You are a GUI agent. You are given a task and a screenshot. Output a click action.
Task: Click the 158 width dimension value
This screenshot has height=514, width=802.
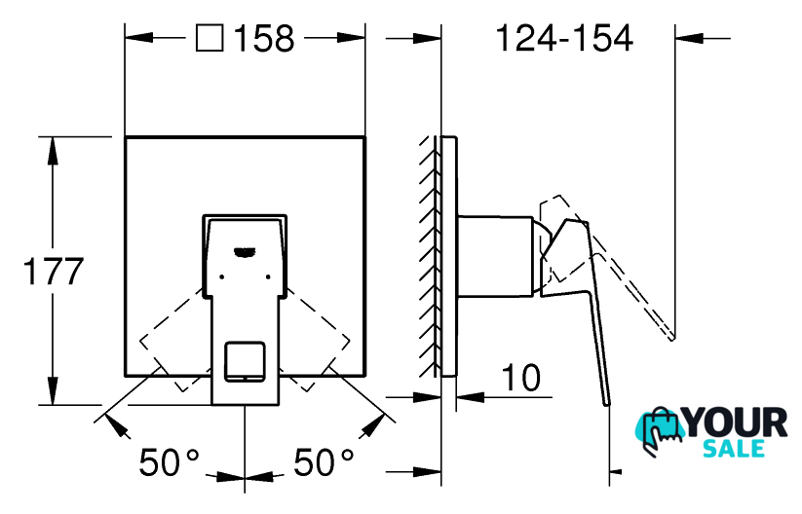(264, 38)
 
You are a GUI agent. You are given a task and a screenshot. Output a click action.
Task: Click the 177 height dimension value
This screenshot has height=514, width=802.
(54, 272)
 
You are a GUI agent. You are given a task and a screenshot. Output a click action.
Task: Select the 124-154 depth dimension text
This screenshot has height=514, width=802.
(564, 38)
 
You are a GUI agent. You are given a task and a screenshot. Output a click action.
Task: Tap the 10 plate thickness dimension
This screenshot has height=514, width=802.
(521, 378)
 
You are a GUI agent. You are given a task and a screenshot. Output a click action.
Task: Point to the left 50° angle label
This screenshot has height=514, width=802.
(170, 462)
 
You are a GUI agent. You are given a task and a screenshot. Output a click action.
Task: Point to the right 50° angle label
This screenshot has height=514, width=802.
(324, 462)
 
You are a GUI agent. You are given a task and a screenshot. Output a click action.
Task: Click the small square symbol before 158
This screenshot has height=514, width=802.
(210, 38)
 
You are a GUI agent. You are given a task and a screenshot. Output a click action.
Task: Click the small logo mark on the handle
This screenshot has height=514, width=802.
(245, 251)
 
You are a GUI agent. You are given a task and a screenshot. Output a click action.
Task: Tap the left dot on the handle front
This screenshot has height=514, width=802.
(221, 276)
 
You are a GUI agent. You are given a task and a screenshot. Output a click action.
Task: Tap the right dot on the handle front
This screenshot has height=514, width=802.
(268, 276)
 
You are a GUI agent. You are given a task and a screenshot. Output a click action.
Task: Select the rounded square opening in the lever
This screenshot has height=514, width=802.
(245, 361)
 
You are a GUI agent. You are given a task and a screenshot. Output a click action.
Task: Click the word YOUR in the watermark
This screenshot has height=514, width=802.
(736, 423)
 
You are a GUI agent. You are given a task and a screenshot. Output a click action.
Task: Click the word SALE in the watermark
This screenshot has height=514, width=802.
(734, 448)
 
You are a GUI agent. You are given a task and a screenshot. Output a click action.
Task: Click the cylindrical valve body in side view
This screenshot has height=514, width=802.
(495, 256)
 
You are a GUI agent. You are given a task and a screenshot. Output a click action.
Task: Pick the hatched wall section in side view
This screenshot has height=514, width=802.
(430, 256)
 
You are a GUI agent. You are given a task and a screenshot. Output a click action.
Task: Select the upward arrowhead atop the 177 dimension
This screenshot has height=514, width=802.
(53, 151)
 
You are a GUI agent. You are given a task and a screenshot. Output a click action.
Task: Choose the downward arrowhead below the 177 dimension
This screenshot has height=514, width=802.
(53, 391)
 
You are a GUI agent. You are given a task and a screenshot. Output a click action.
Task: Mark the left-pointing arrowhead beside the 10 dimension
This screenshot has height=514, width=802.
(470, 397)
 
